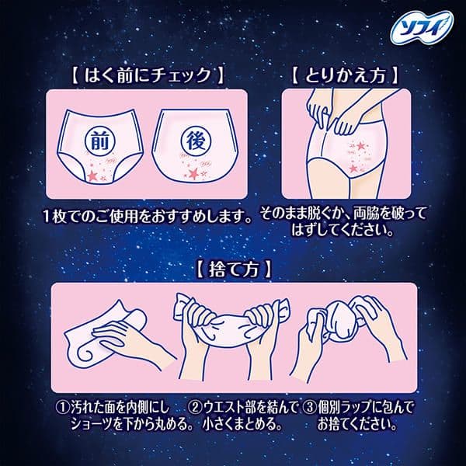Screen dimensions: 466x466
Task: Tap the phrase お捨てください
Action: click(x=358, y=424)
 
